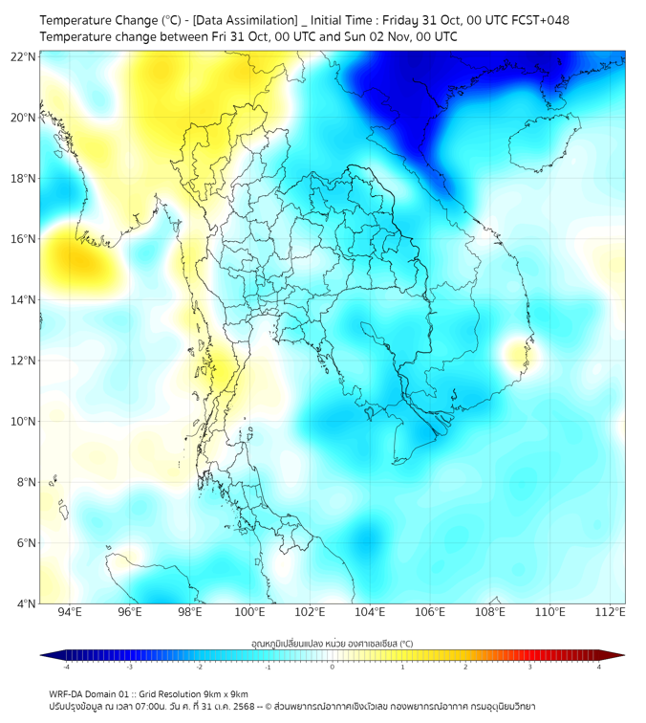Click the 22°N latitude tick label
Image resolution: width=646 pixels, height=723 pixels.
(24, 57)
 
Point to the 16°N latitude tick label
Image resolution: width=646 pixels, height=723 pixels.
(24, 239)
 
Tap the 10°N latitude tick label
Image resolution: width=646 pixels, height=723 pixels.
(24, 421)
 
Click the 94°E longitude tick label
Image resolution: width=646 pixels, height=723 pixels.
(70, 612)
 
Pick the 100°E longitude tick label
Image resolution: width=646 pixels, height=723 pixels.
(249, 612)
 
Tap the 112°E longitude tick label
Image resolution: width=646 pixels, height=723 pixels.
(611, 612)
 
